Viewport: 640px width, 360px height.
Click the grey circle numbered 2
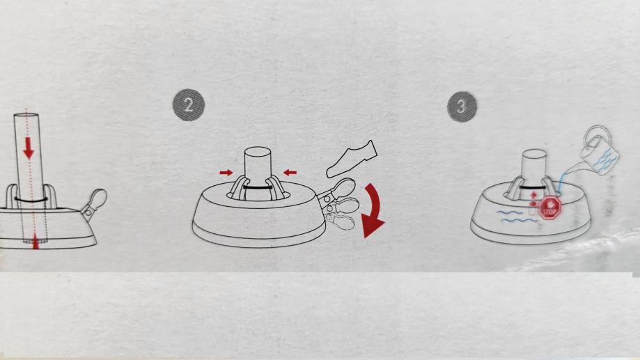pyautogui.click(x=189, y=105)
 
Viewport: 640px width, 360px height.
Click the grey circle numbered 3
pyautogui.click(x=462, y=107)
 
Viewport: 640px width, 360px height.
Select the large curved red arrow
pyautogui.click(x=373, y=210)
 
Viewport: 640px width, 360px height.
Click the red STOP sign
pyautogui.click(x=549, y=208)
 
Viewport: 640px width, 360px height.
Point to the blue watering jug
pyautogui.click(x=599, y=151)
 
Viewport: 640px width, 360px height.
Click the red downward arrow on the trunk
pyautogui.click(x=28, y=148)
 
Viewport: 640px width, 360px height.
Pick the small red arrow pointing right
pyautogui.click(x=226, y=173)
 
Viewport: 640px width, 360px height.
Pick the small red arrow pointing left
pyautogui.click(x=290, y=173)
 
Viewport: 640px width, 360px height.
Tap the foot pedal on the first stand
pyautogui.click(x=95, y=203)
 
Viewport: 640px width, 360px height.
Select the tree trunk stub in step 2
pyautogui.click(x=258, y=173)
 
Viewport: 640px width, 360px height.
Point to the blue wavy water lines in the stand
pyautogui.click(x=515, y=217)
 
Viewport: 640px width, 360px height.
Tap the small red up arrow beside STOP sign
pyautogui.click(x=532, y=197)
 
